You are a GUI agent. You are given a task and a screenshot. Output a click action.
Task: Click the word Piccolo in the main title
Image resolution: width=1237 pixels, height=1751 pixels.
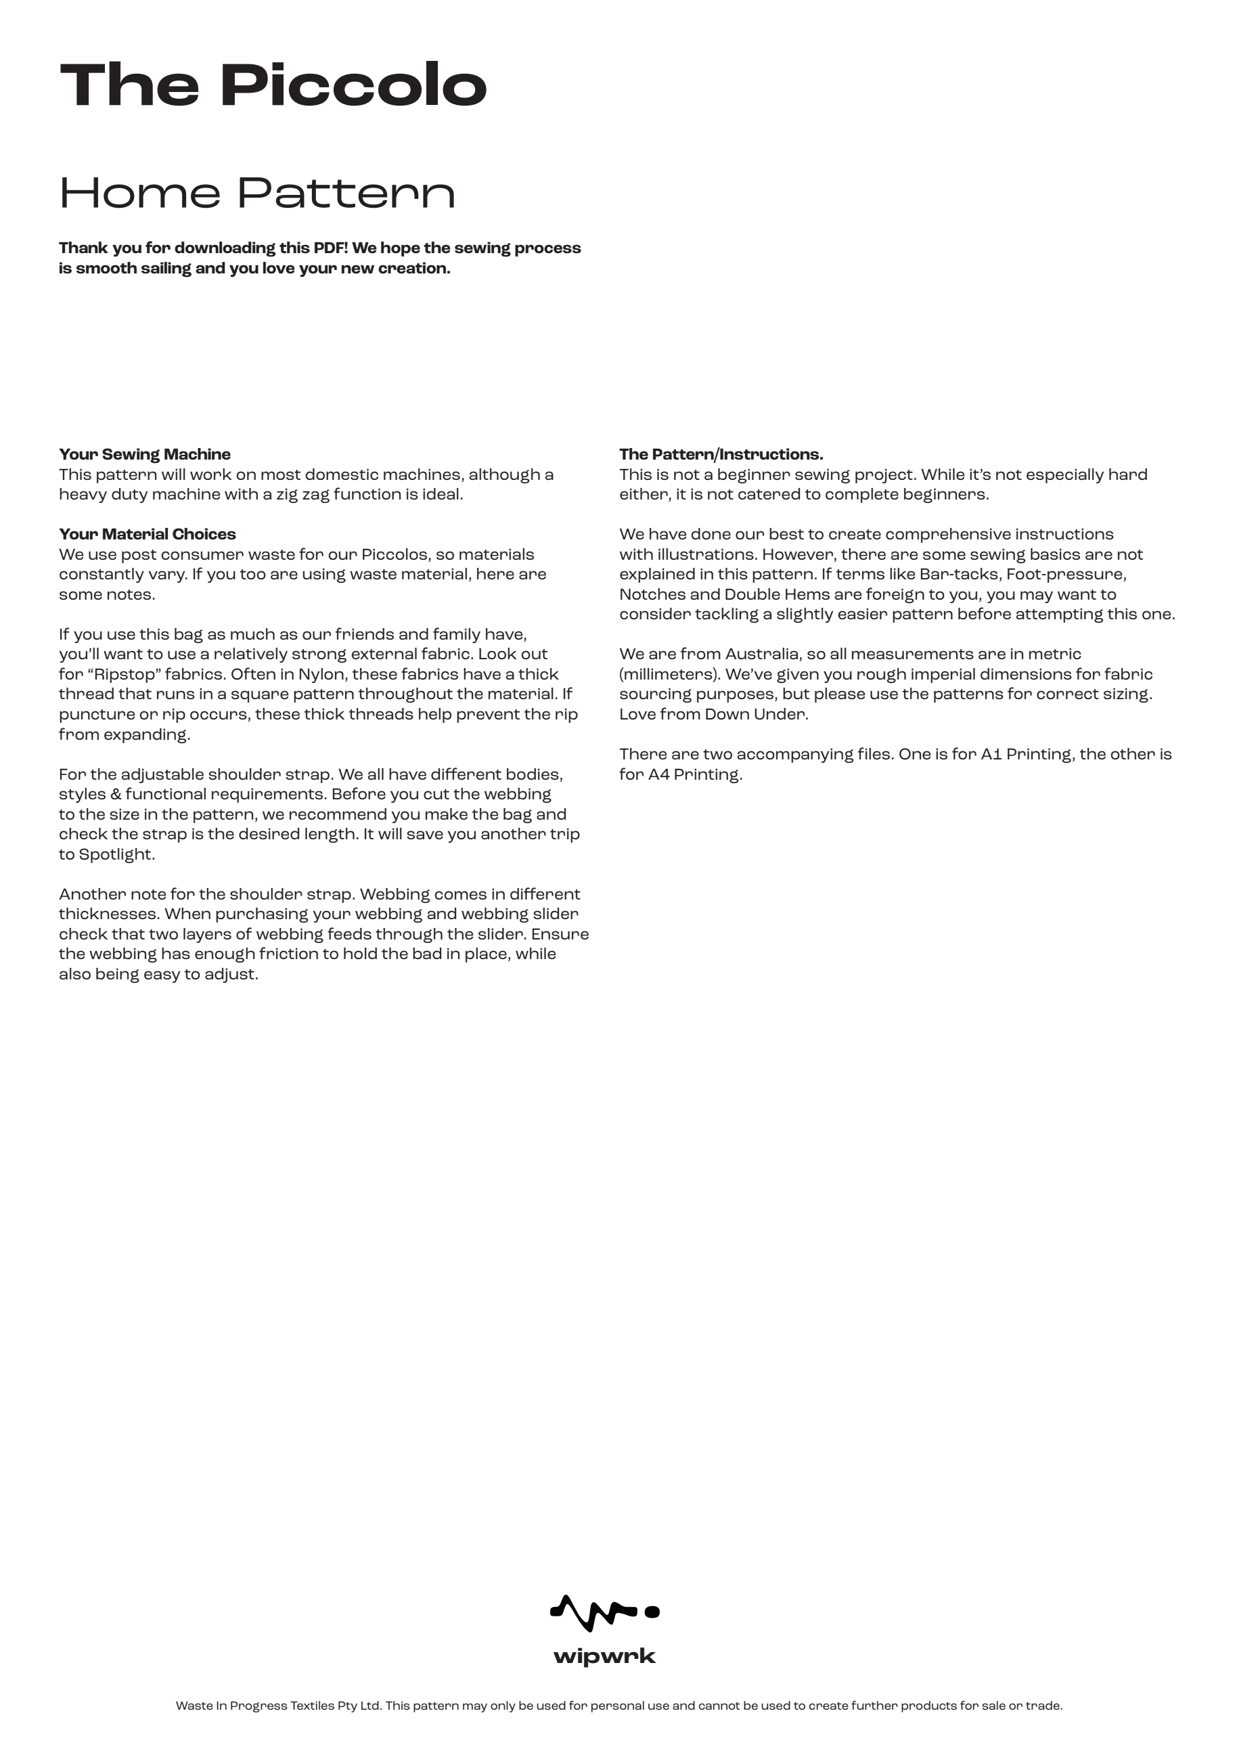[x=354, y=85]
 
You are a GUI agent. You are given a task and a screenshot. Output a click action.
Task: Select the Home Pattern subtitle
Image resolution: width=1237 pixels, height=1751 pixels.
[x=257, y=193]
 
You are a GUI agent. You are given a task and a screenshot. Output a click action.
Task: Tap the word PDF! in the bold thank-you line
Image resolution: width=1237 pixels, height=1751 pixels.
[x=330, y=248]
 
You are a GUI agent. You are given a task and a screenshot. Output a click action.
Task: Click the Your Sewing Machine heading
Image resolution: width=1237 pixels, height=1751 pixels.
[x=144, y=455]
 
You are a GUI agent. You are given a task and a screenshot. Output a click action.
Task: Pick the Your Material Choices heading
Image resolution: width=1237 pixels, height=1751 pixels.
[x=148, y=534]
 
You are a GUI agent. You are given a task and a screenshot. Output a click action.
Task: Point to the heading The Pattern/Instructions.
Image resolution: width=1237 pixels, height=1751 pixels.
[x=721, y=455]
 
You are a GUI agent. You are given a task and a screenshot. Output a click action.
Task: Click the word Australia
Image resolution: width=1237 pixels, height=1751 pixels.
[x=762, y=654]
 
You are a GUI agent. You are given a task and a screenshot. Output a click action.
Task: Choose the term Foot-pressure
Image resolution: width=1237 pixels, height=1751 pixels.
[x=1066, y=574]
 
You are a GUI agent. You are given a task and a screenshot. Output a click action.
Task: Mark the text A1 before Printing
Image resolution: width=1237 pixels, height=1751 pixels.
[x=991, y=754]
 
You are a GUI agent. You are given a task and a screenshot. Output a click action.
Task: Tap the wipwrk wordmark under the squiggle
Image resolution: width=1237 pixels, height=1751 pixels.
[x=604, y=1656]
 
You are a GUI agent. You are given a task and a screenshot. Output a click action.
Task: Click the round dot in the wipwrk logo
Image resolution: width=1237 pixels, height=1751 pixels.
[x=652, y=1612]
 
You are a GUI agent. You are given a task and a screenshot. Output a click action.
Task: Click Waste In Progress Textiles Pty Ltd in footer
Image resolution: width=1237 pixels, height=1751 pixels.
[x=277, y=1705]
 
